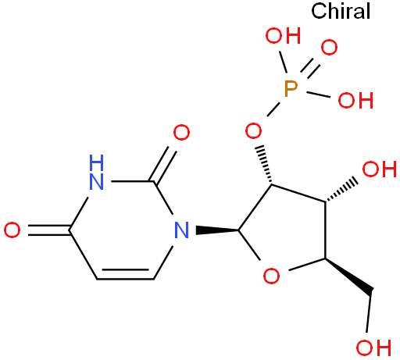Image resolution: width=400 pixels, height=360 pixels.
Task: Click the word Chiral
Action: click(x=341, y=11)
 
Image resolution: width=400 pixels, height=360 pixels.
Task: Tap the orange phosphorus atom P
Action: click(x=291, y=89)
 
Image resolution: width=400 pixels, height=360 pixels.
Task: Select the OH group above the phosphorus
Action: click(x=283, y=36)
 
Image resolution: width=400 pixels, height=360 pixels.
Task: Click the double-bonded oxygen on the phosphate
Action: click(x=329, y=48)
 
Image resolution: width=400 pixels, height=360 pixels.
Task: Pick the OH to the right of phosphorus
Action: click(x=355, y=100)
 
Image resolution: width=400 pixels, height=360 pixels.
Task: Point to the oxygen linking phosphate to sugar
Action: click(x=253, y=130)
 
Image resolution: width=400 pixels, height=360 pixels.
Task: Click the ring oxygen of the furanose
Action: click(x=271, y=276)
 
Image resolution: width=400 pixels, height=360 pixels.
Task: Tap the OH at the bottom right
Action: click(x=373, y=348)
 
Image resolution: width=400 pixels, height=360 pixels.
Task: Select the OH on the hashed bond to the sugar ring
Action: click(x=380, y=169)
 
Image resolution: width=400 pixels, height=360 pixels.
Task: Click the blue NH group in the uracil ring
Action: click(x=96, y=172)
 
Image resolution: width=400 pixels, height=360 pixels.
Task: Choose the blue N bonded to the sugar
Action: click(x=181, y=230)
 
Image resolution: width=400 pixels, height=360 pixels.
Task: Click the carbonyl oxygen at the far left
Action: click(x=12, y=230)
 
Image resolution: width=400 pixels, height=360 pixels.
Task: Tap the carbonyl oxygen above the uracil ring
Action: click(x=181, y=133)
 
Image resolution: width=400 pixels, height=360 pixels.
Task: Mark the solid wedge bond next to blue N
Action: click(x=217, y=230)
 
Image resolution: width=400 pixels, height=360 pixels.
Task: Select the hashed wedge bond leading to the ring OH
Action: click(x=341, y=190)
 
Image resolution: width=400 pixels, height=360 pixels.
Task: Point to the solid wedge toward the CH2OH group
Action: click(x=349, y=276)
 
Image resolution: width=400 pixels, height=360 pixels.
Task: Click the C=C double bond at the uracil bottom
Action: click(x=126, y=275)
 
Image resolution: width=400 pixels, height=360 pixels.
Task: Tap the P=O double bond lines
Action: click(x=310, y=68)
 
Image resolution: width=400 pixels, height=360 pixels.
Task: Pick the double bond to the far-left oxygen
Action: click(x=49, y=230)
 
